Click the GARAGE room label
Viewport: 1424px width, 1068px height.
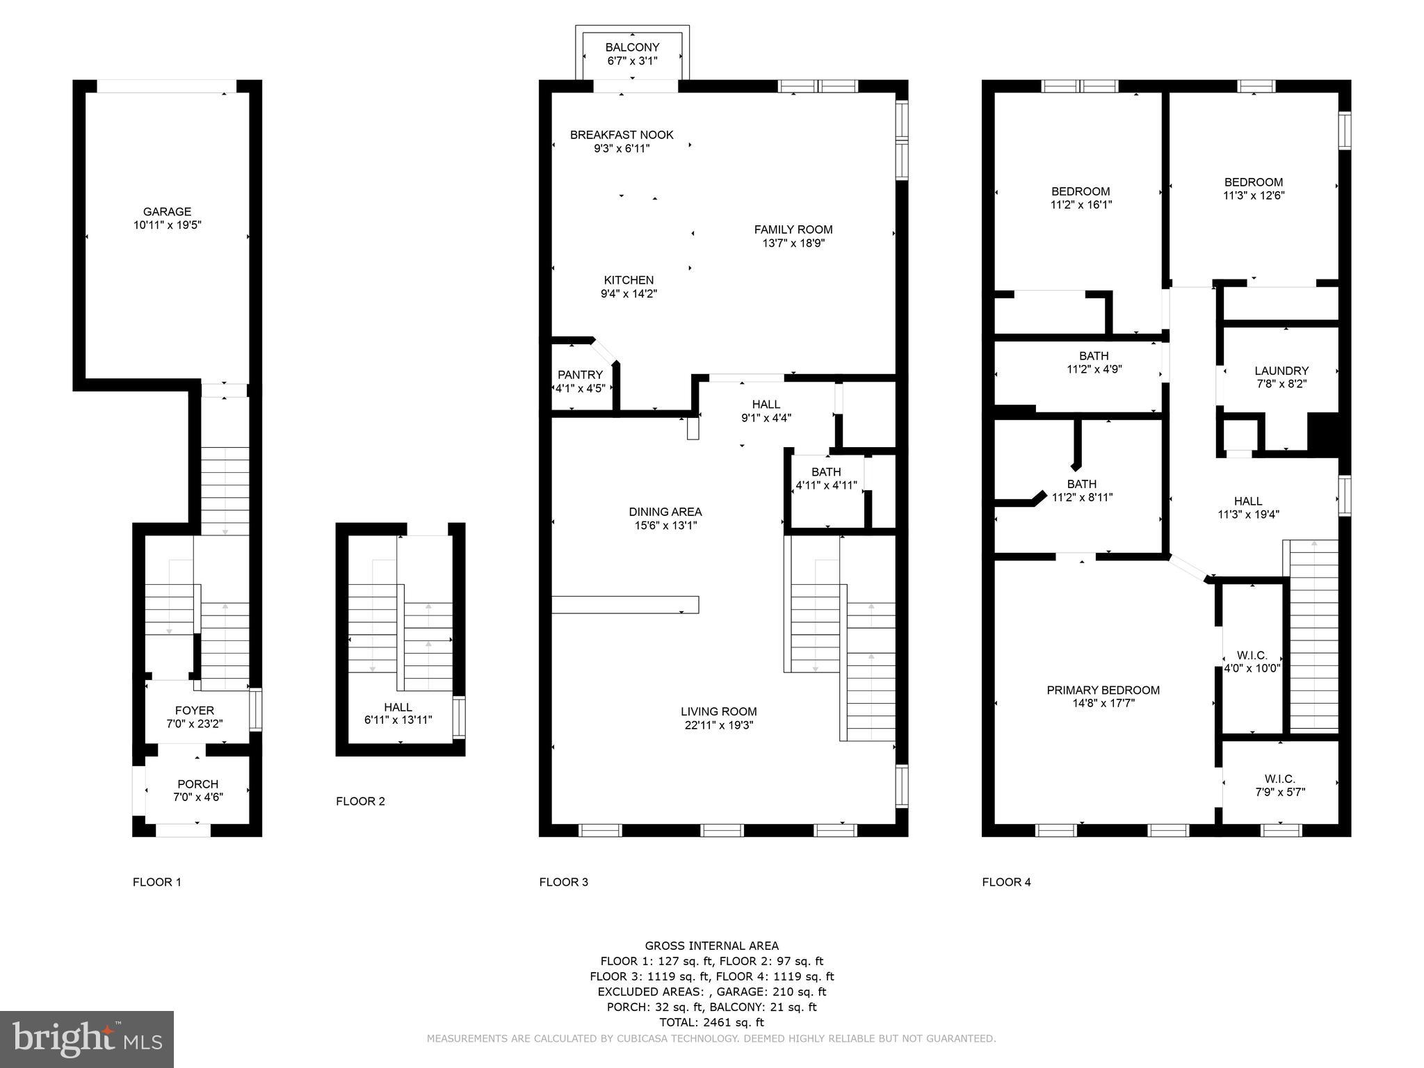click(x=167, y=212)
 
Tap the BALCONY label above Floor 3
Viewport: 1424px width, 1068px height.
click(x=632, y=47)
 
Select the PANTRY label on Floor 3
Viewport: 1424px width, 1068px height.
click(x=580, y=375)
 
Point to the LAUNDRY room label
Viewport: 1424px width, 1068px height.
click(x=1281, y=371)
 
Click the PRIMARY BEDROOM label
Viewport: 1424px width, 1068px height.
click(x=1103, y=690)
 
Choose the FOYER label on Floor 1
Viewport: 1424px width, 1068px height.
click(x=195, y=710)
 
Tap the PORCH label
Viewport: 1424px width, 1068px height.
click(x=197, y=784)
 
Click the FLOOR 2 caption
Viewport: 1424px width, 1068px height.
click(x=360, y=801)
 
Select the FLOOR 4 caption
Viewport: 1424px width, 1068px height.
click(x=1006, y=882)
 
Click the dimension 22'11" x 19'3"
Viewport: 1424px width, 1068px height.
click(x=718, y=725)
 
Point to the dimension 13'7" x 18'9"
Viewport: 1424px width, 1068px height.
click(x=793, y=243)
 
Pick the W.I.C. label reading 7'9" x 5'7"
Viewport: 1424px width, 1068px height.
click(x=1279, y=779)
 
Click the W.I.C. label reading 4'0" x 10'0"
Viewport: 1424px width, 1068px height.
click(x=1252, y=655)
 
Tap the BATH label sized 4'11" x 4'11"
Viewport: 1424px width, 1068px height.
click(x=825, y=471)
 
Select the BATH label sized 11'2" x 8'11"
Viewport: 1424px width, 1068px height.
click(x=1081, y=484)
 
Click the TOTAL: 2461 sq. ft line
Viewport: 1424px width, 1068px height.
click(x=711, y=1022)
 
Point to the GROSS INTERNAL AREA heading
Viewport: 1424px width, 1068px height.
click(x=711, y=946)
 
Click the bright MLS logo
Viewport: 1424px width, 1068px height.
click(x=87, y=1039)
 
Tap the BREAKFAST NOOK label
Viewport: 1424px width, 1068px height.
click(x=622, y=135)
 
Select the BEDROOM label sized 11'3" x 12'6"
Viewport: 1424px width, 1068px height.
click(x=1253, y=182)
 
